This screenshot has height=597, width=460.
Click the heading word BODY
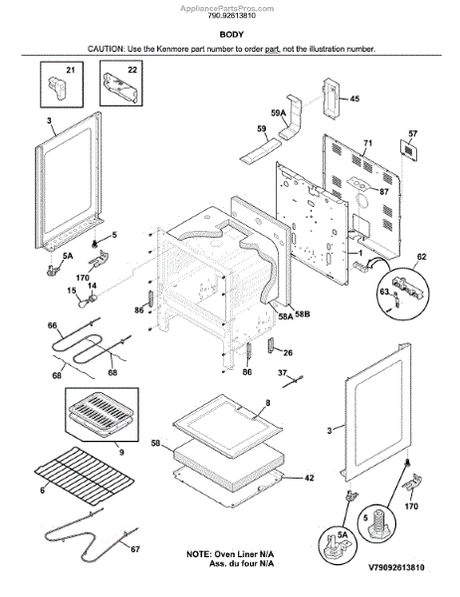(231, 35)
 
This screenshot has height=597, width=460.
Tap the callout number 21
(71, 70)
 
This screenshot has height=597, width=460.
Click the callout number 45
(354, 99)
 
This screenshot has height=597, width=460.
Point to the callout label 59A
(278, 113)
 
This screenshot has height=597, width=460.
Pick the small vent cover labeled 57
(408, 150)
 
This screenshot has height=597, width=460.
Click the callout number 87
(383, 191)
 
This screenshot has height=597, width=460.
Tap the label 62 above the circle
(421, 257)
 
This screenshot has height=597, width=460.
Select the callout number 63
(384, 292)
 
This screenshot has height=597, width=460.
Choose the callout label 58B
(303, 314)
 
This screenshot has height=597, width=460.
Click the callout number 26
(288, 353)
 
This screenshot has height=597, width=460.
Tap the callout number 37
(282, 373)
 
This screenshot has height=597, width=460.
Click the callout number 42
(309, 478)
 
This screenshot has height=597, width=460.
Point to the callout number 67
(134, 549)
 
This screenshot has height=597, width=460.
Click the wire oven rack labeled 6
(84, 476)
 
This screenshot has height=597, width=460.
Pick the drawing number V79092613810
(396, 568)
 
